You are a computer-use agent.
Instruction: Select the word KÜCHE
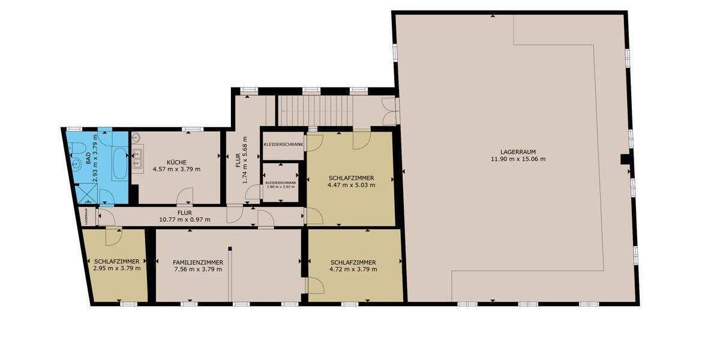176,162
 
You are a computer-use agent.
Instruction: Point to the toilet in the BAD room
77,163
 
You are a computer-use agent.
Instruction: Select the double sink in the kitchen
137,157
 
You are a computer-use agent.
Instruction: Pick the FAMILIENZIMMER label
198,262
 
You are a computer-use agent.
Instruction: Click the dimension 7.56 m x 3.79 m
198,269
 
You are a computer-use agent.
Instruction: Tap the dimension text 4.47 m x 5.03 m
352,185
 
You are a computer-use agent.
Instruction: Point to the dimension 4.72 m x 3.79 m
353,269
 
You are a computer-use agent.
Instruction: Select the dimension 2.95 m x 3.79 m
117,268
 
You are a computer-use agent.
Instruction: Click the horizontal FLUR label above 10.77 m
184,212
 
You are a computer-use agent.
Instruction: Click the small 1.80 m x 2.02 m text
281,186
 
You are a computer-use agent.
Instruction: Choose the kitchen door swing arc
187,195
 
